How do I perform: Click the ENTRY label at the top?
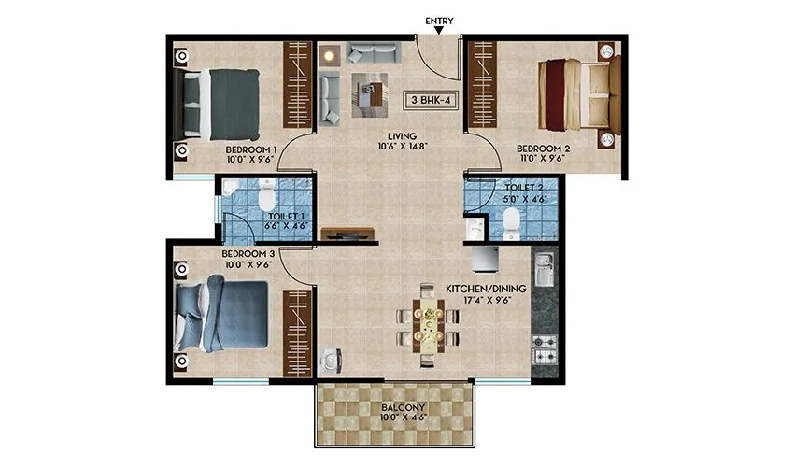click(439, 21)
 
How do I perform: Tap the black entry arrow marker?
click(439, 33)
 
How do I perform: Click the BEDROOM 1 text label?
click(251, 149)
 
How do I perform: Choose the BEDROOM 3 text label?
click(248, 254)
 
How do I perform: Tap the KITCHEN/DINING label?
click(486, 289)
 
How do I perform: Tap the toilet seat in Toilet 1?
click(264, 196)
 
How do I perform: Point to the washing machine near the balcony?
click(331, 362)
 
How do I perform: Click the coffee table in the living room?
click(368, 93)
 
